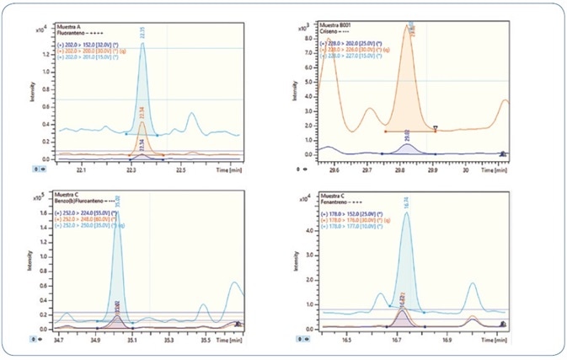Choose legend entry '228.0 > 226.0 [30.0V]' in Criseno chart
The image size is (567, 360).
coord(355,45)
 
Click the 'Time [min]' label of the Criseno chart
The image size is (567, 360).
coord(497,169)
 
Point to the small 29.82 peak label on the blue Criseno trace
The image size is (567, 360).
coord(405,134)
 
